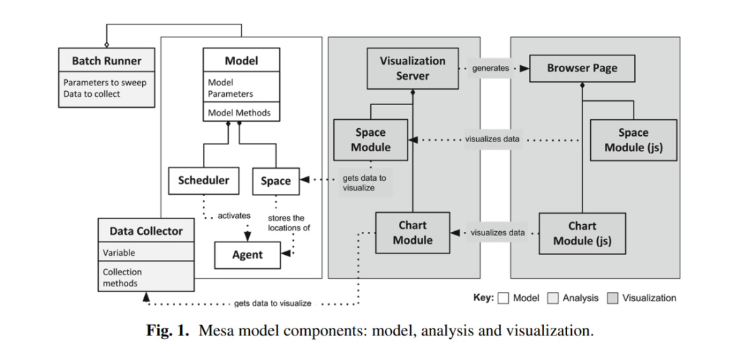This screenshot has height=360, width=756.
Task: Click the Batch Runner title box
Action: tap(106, 60)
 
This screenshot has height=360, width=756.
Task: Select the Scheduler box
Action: tap(203, 181)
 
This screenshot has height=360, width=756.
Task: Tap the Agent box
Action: tap(247, 255)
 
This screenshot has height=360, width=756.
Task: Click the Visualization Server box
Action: tap(412, 68)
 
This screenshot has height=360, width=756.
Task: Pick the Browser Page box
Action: tap(582, 69)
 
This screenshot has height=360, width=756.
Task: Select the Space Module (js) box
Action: tap(633, 139)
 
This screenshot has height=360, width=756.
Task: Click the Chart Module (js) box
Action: tap(582, 233)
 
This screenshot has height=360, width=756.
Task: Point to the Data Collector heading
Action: tap(146, 231)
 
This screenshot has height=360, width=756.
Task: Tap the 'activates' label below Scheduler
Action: tap(234, 216)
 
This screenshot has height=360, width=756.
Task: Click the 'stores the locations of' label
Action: tap(288, 223)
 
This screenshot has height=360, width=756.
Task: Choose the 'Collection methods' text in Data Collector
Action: tap(122, 277)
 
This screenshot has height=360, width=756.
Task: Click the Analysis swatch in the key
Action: tap(552, 298)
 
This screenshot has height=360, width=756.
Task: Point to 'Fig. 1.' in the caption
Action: tap(167, 331)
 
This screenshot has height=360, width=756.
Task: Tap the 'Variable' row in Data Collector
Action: tap(119, 252)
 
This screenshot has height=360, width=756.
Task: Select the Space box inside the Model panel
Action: tap(275, 181)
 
